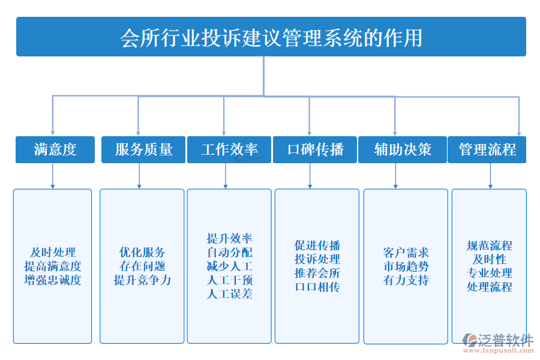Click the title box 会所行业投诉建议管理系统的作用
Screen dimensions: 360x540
pyautogui.click(x=271, y=37)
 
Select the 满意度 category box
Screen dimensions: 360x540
pyautogui.click(x=55, y=149)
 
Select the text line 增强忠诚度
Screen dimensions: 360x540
pyautogui.click(x=53, y=280)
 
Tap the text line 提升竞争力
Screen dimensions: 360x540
pyautogui.click(x=142, y=280)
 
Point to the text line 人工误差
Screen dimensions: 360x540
pyautogui.click(x=229, y=294)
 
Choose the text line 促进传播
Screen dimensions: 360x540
pyautogui.click(x=317, y=245)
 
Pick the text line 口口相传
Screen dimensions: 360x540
pyautogui.click(x=317, y=287)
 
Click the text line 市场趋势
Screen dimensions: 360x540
pyautogui.click(x=406, y=266)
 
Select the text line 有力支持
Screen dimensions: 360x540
pyautogui.click(x=406, y=280)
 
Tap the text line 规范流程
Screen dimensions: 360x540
pyautogui.click(x=489, y=245)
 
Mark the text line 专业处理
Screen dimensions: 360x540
pyautogui.click(x=489, y=273)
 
